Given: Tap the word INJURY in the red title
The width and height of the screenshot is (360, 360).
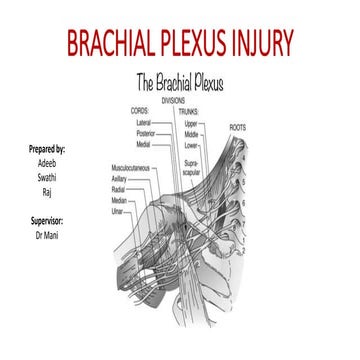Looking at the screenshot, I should (x=260, y=43).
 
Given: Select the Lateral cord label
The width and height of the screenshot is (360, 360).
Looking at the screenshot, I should (x=144, y=121).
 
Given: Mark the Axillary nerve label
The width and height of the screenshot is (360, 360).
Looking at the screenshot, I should (x=120, y=179).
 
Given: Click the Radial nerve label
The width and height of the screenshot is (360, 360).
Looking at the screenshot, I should (x=118, y=189).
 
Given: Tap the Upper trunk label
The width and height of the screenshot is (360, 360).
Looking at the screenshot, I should (x=193, y=121).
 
